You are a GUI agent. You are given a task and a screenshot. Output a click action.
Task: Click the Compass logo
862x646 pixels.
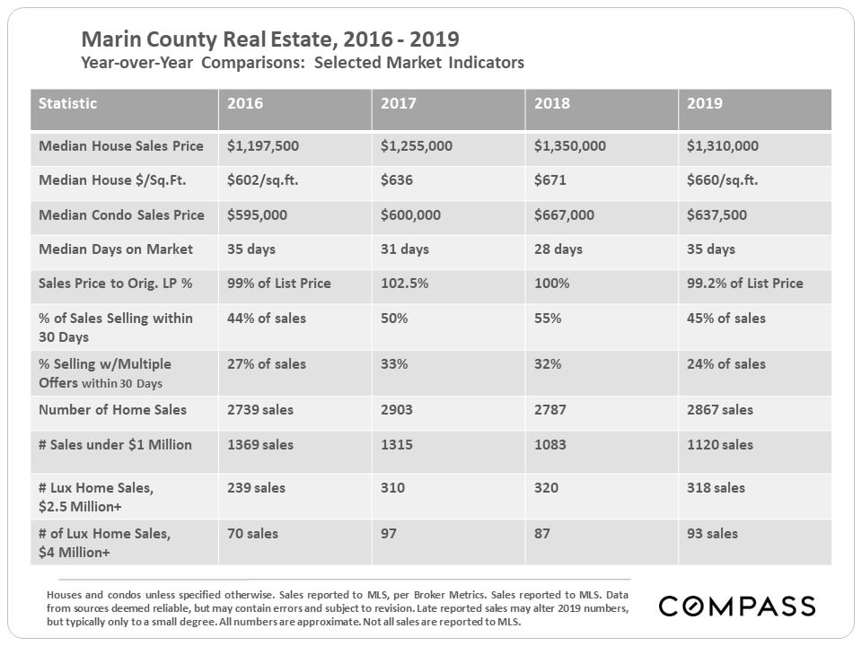coord(737,607)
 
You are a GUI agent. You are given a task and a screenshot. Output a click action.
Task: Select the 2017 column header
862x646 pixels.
coord(399,103)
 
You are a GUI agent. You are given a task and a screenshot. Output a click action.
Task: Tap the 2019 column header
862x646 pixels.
coord(705,103)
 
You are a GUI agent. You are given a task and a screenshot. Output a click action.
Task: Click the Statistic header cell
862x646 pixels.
coord(68,103)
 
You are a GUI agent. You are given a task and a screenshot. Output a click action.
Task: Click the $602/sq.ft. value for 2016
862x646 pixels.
coord(262,180)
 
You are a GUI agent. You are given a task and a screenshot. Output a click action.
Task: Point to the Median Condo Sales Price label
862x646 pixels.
coord(121,215)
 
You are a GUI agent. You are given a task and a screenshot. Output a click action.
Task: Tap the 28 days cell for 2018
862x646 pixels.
coord(559,249)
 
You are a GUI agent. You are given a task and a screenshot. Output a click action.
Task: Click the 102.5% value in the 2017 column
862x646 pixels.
coord(402,284)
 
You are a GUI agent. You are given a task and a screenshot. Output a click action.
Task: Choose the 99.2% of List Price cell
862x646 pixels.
coord(744,284)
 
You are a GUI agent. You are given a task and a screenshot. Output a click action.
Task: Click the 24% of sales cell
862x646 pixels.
coord(726,364)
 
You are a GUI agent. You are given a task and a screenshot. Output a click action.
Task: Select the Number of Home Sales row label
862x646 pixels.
coord(113,410)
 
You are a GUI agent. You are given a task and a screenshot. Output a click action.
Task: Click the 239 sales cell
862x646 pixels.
coord(256,488)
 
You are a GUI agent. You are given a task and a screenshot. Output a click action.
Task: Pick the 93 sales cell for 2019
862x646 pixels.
coord(712,534)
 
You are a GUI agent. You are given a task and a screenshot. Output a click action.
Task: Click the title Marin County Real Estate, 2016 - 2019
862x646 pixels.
coord(269,40)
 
